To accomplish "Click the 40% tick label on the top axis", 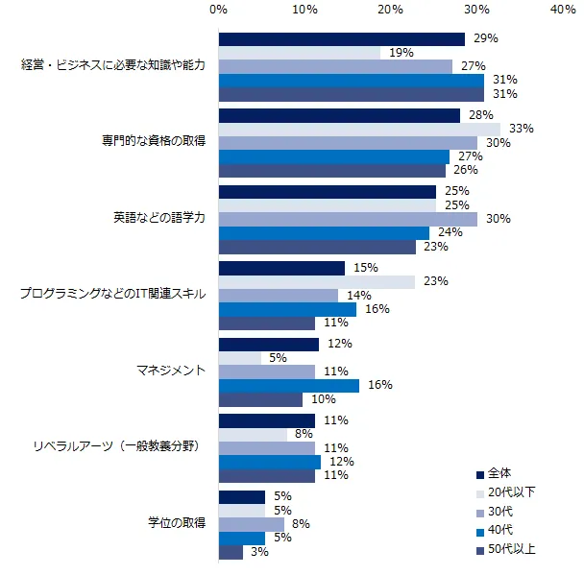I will [564, 9].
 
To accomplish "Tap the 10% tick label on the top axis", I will [304, 9].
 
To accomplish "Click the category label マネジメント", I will [174, 371].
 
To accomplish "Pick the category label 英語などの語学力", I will [158, 219].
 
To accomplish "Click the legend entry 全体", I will [499, 473].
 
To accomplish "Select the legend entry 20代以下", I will [511, 492].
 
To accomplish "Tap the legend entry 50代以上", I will [511, 550].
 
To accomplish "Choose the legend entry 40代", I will [500, 531].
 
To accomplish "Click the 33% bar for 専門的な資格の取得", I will [359, 129].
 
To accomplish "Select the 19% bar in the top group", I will [300, 53].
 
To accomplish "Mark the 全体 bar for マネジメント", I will [269, 344].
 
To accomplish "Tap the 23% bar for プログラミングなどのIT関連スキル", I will [317, 281].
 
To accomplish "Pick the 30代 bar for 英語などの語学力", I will [348, 219].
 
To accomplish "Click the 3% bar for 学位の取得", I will [231, 552].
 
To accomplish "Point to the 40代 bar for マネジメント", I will [289, 385].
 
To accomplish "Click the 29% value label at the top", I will [485, 38].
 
